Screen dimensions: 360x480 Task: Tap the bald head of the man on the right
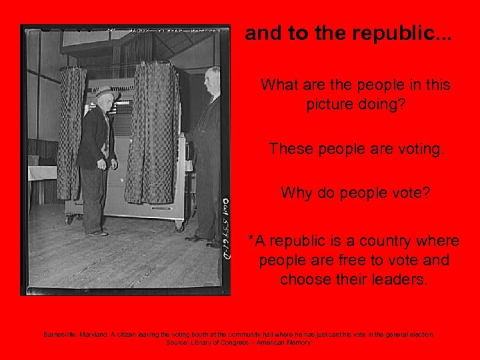coord(213,75)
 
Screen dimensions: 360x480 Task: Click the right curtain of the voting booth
coord(153,133)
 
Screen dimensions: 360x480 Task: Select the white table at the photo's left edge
coord(42,173)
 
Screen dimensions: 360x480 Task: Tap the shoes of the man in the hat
coord(98,233)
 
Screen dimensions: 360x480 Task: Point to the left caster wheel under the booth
coord(68,219)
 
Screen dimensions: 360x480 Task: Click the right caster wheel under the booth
coord(179,227)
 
